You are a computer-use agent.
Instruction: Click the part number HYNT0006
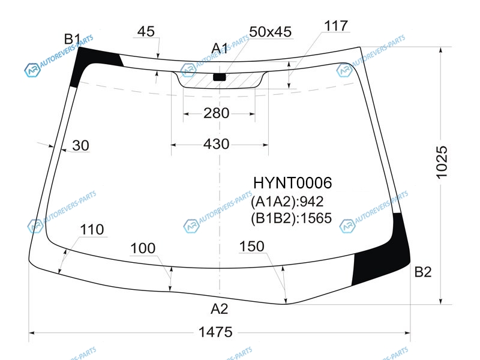click(292, 183)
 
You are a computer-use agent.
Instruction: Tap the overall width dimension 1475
click(215, 332)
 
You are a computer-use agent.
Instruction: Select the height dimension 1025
click(441, 162)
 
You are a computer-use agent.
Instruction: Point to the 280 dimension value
click(216, 113)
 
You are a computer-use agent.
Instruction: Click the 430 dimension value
click(216, 144)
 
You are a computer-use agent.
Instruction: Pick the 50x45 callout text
click(271, 32)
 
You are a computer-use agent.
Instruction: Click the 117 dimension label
click(336, 26)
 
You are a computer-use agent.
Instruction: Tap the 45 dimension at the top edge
click(146, 31)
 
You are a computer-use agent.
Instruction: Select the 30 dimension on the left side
click(81, 145)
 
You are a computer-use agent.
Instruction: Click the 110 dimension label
click(92, 230)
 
